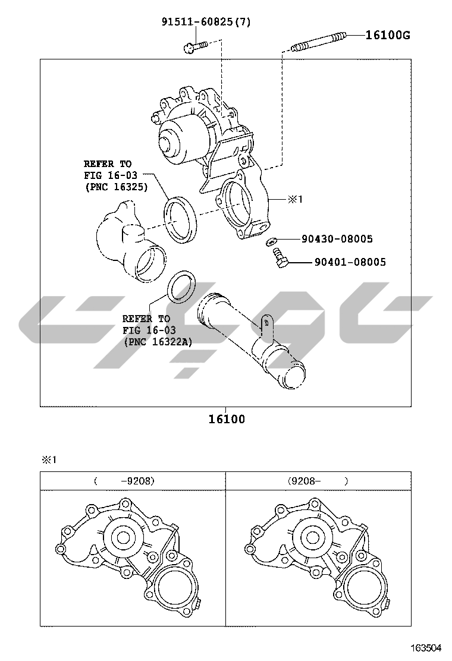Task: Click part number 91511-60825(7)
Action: tap(206, 21)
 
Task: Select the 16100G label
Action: tap(388, 35)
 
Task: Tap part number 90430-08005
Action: tap(337, 239)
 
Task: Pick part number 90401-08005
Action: tap(350, 262)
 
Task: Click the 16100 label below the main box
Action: tap(227, 419)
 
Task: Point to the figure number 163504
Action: tap(426, 647)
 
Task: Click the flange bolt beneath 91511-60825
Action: tap(196, 46)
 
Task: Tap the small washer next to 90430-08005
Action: tap(271, 241)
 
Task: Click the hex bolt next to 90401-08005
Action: tap(280, 258)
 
